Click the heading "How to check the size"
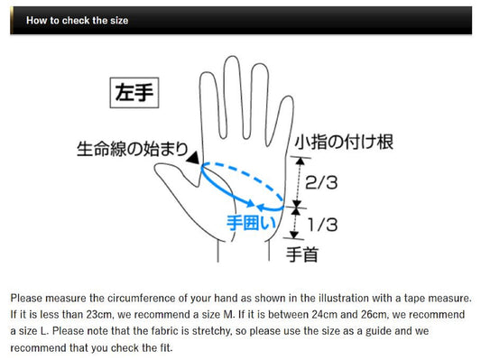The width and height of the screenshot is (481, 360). tap(77, 21)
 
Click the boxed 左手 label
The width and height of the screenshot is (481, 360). tap(134, 93)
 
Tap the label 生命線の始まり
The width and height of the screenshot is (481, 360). tap(133, 149)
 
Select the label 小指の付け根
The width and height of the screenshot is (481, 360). tap(344, 143)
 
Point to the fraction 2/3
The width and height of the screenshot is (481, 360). tap(321, 182)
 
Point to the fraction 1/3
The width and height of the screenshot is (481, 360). tap(323, 225)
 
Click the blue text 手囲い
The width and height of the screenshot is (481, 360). tap(251, 222)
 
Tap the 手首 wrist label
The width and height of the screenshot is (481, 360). tap(302, 254)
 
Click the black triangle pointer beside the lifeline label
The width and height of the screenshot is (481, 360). tap(193, 158)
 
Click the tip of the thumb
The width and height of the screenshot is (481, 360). tap(156, 167)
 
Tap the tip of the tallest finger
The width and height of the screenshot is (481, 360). tap(232, 57)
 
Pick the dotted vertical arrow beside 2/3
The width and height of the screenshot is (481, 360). tap(299, 182)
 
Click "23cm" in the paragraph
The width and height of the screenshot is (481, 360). tap(99, 315)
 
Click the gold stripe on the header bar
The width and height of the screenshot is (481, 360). tap(12, 20)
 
